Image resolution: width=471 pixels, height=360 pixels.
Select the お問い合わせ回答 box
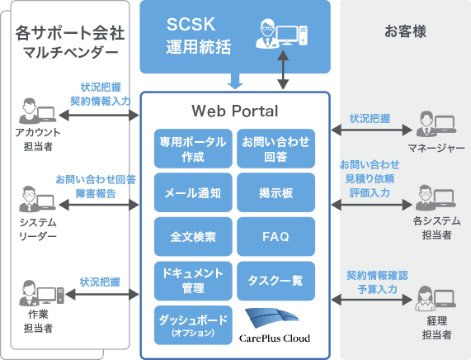[x=276, y=148]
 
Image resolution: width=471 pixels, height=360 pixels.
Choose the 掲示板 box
[x=276, y=192]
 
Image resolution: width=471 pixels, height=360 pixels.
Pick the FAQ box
[x=276, y=237]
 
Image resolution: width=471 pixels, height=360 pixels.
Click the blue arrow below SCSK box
[x=235, y=81]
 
